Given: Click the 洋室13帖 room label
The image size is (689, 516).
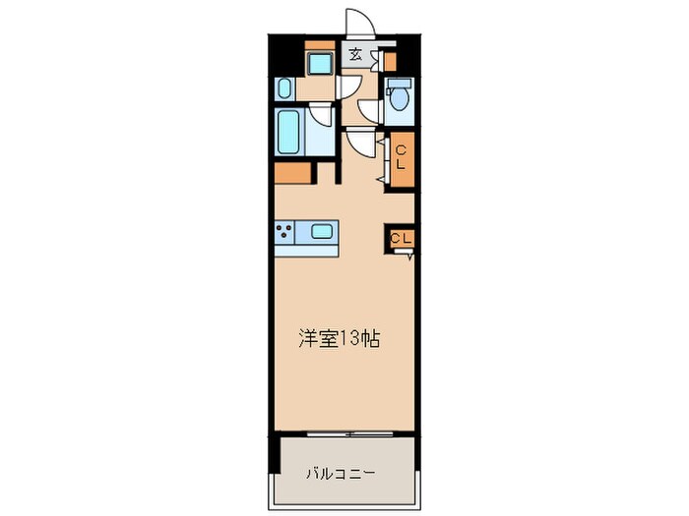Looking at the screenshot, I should click(x=340, y=340).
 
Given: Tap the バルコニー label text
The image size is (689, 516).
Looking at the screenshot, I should click(x=341, y=473).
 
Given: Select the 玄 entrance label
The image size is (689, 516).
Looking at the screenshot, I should click(x=354, y=55).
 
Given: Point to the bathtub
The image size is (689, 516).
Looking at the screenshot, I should click(x=288, y=132).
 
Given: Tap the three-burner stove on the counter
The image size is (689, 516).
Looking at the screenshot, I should click(x=286, y=232).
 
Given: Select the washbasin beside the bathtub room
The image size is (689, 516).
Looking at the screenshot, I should click(x=284, y=88).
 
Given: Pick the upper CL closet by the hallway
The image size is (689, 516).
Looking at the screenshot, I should click(x=401, y=157).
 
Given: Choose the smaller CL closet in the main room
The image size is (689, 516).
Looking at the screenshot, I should click(x=400, y=238).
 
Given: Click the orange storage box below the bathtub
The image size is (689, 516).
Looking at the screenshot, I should click(x=292, y=172).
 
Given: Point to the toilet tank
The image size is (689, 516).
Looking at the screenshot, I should click(x=399, y=84).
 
